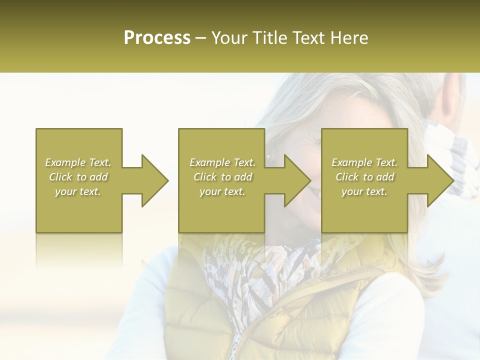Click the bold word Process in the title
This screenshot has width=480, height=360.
(x=157, y=37)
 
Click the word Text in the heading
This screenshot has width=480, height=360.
(x=307, y=37)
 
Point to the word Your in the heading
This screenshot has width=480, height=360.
(x=229, y=37)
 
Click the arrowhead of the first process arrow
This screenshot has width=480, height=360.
(x=155, y=180)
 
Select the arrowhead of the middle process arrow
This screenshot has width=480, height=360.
(x=297, y=180)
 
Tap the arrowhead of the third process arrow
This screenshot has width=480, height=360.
(x=440, y=180)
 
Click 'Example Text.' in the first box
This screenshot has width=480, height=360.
(x=78, y=162)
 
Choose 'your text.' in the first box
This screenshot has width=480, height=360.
(x=78, y=191)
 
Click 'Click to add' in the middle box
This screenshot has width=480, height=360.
(x=222, y=177)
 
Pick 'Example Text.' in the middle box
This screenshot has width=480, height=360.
(x=222, y=162)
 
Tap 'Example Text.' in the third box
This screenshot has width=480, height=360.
(x=364, y=162)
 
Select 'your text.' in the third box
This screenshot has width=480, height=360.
(x=364, y=191)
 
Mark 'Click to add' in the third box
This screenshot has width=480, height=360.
(x=364, y=177)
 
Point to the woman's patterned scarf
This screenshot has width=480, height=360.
(x=260, y=280)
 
